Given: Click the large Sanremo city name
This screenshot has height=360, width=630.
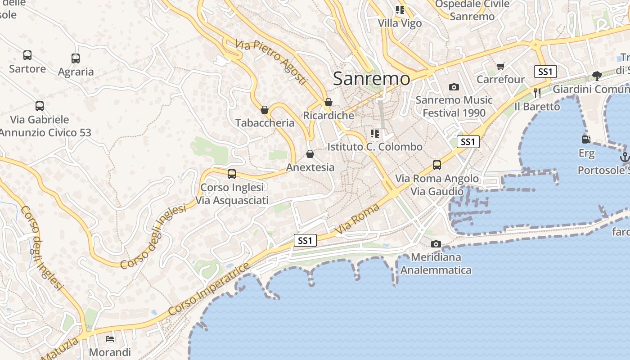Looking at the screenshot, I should (x=371, y=79).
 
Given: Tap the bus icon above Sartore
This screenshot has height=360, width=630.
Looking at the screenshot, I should (x=27, y=55).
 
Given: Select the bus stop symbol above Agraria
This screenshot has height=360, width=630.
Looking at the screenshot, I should (x=76, y=58).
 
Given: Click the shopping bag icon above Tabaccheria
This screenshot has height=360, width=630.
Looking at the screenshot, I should (x=265, y=110).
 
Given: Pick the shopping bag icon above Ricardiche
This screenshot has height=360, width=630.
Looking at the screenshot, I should (x=328, y=103).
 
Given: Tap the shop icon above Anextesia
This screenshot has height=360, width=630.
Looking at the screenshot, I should (x=310, y=154).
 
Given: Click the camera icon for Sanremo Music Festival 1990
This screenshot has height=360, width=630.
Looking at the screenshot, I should (x=454, y=87).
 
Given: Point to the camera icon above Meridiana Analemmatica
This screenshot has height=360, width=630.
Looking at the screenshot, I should (x=436, y=244).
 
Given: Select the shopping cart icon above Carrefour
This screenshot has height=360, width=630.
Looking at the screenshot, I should (x=501, y=67).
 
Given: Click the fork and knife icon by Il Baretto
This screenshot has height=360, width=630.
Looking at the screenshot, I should (x=537, y=93).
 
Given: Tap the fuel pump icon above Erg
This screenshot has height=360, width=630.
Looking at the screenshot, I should (x=586, y=139).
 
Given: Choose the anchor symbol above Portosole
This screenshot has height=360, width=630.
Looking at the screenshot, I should (x=624, y=157).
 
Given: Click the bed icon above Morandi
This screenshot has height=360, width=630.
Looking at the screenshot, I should (x=110, y=338).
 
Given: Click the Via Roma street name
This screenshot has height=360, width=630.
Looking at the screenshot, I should (x=358, y=220).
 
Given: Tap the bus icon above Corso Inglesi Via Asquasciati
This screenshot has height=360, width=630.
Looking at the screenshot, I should (x=232, y=174).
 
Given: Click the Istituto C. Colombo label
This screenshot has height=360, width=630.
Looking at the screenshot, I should (x=375, y=147).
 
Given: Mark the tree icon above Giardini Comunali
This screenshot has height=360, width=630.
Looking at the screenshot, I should (x=597, y=76).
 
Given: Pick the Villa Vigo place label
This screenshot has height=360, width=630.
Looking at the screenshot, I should (x=400, y=23).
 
